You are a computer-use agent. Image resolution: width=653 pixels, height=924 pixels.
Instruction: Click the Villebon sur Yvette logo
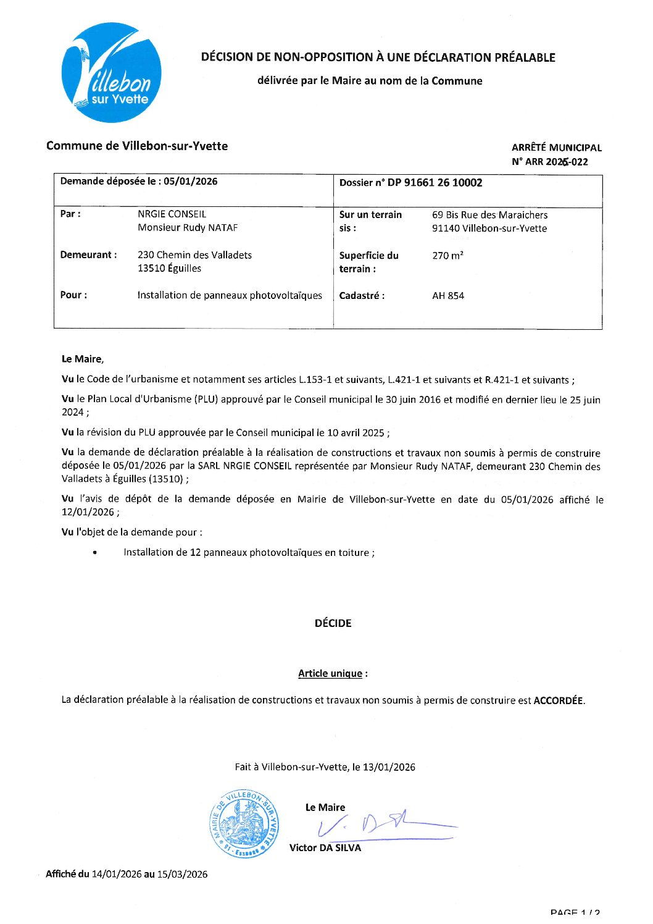(112, 72)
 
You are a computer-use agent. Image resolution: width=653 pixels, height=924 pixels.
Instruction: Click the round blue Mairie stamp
(244, 823)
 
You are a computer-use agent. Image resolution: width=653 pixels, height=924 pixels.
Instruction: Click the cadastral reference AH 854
(448, 296)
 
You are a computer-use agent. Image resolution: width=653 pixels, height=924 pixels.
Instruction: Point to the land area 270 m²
(447, 256)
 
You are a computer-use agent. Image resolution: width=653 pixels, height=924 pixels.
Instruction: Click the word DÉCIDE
(333, 623)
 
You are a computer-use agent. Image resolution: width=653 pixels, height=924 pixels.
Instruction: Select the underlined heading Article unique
(330, 674)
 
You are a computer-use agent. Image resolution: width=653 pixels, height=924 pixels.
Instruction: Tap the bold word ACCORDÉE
(558, 700)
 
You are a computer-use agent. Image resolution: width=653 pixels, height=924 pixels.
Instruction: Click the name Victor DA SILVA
(325, 848)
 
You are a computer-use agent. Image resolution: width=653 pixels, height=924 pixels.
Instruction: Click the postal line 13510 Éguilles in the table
(169, 269)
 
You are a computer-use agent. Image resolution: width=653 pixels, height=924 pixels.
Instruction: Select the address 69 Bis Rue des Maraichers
(489, 215)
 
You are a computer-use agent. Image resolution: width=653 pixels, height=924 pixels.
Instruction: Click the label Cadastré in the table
(362, 296)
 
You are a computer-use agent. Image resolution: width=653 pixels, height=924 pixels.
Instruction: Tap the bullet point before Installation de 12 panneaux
(94, 553)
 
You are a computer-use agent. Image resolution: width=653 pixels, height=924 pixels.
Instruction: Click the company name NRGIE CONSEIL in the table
(172, 214)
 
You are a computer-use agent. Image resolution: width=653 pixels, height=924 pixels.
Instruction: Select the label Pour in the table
(73, 295)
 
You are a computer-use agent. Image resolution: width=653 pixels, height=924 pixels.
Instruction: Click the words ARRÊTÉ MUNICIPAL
(556, 148)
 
